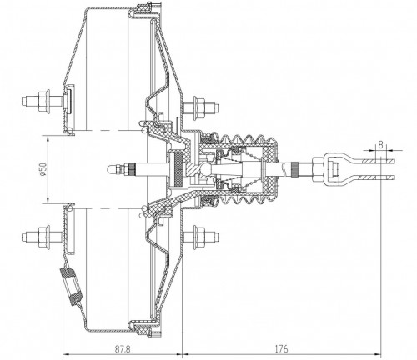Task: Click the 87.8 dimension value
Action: [123, 349]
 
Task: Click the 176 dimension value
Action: [282, 349]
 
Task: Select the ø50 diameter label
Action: [43, 169]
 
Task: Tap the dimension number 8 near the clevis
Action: [380, 145]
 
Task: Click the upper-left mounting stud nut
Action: [44, 102]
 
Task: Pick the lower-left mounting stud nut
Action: [44, 237]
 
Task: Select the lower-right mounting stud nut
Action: [198, 237]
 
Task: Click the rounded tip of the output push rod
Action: [108, 169]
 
